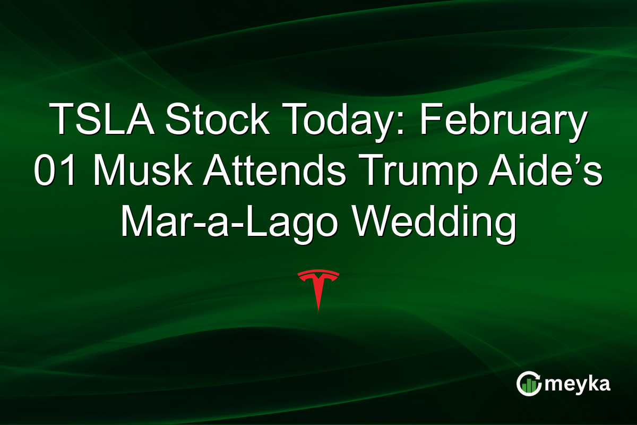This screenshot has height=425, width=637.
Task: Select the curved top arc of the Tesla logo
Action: click(x=318, y=274)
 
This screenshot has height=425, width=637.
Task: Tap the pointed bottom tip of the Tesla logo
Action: click(x=318, y=309)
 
